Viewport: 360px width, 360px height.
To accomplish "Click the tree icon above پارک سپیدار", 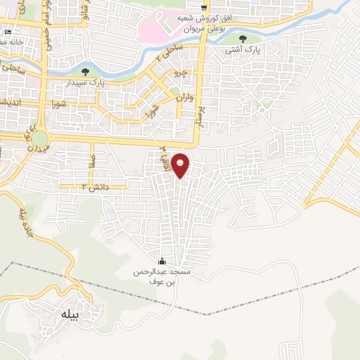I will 86,71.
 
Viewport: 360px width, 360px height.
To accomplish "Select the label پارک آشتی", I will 242,51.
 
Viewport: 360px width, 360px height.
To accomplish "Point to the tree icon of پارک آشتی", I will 243,39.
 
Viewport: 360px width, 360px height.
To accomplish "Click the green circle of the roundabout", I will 39,139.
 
